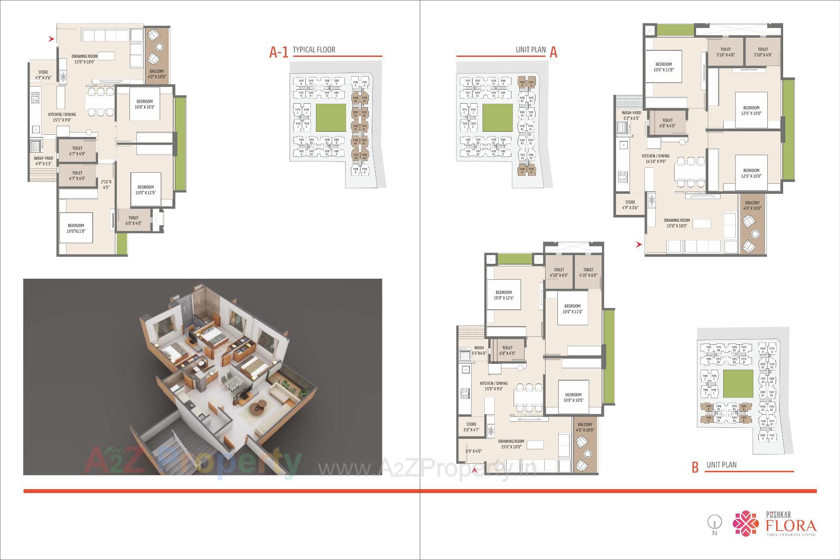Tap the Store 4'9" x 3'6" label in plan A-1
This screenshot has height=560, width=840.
coord(43,75)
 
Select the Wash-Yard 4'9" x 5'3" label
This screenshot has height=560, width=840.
coord(43,161)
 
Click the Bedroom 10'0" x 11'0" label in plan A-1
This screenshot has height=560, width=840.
coord(145,190)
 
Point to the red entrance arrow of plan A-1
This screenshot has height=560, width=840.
coord(51,39)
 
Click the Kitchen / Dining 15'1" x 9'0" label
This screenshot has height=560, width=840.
coord(62,117)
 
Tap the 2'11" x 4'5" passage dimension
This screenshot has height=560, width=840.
coord(106,185)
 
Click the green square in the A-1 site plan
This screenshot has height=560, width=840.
coord(330,118)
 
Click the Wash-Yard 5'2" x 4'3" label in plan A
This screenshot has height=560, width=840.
coord(631,115)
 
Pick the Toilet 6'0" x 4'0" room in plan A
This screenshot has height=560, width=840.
coord(667,123)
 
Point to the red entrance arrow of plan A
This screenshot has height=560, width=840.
coord(639,245)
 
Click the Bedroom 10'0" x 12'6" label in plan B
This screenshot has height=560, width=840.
coord(504,295)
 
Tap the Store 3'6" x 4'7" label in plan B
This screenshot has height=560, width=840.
coord(471,427)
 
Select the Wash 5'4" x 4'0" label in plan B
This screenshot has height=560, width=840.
coord(479,350)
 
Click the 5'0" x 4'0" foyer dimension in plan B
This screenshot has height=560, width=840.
coord(473,451)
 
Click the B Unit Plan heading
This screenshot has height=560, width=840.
coord(721,465)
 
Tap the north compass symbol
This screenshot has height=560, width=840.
coord(714,524)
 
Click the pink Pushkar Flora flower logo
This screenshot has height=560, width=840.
coord(746,523)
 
